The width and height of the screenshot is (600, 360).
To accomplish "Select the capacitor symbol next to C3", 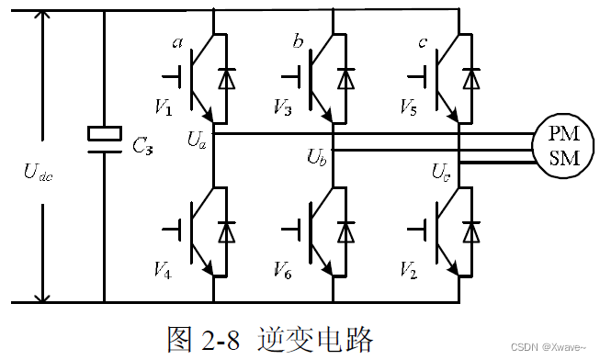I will [104, 134].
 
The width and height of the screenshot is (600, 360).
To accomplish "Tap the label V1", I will [163, 108].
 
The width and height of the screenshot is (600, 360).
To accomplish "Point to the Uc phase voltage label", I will [442, 171].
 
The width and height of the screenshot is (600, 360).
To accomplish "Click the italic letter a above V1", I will [177, 42].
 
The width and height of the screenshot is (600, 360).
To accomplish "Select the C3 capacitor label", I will [144, 146].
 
